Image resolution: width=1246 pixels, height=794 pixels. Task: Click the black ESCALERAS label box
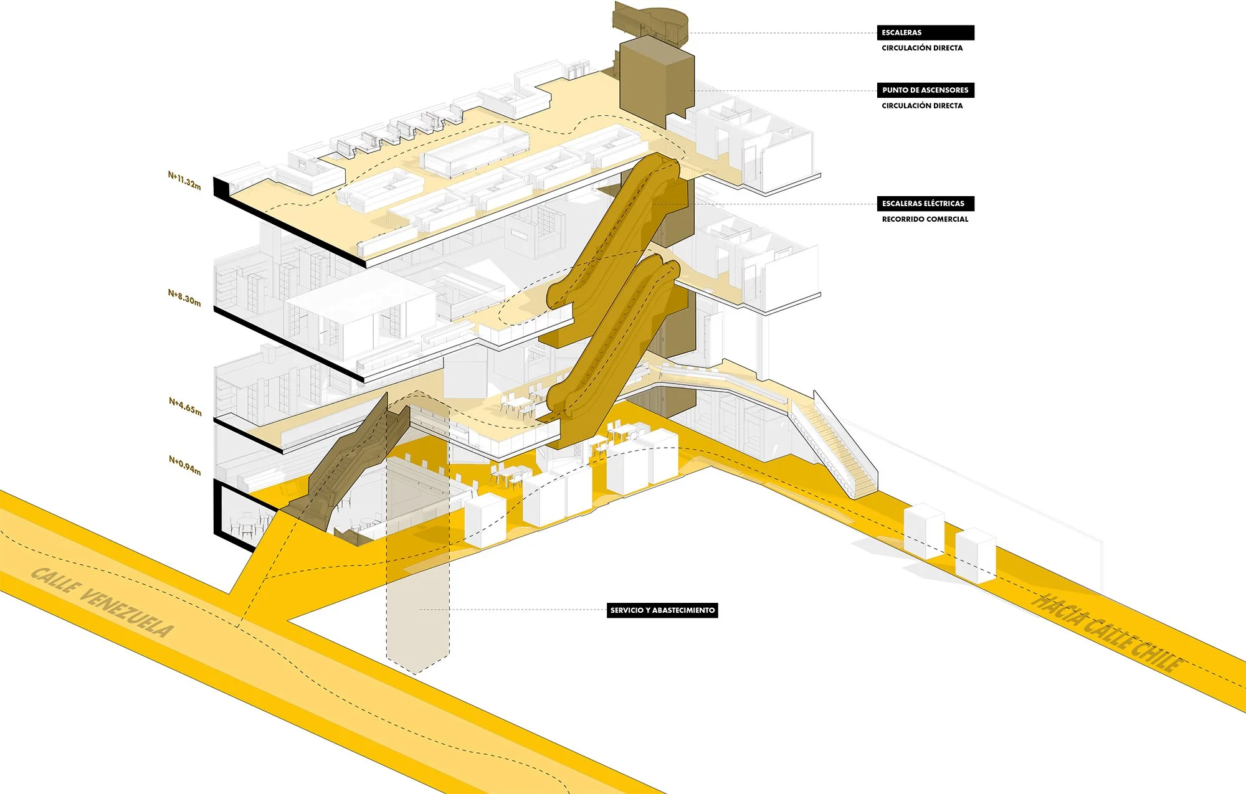click(925, 32)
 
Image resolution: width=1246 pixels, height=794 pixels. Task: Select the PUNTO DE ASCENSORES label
click(925, 90)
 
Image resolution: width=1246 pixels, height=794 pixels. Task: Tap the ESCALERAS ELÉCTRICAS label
click(925, 204)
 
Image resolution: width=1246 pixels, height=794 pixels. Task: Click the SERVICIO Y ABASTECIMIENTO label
click(662, 610)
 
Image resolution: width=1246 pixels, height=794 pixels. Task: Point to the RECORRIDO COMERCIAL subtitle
click(925, 219)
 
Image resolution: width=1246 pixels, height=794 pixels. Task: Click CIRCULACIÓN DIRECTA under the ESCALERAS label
click(922, 48)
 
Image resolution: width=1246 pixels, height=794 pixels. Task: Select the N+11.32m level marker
click(184, 181)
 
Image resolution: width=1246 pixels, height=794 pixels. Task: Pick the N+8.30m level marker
click(184, 298)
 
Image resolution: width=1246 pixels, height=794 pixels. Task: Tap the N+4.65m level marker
click(185, 407)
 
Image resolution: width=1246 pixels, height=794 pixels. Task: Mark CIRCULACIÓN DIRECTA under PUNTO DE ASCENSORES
click(922, 106)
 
